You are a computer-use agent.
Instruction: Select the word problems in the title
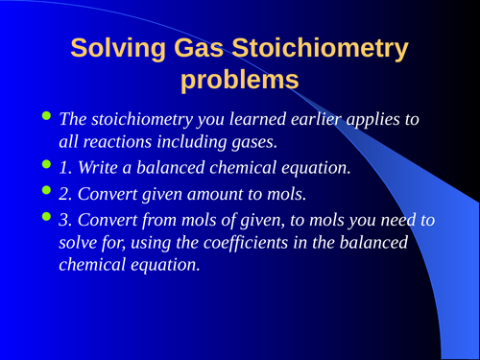click(x=239, y=80)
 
